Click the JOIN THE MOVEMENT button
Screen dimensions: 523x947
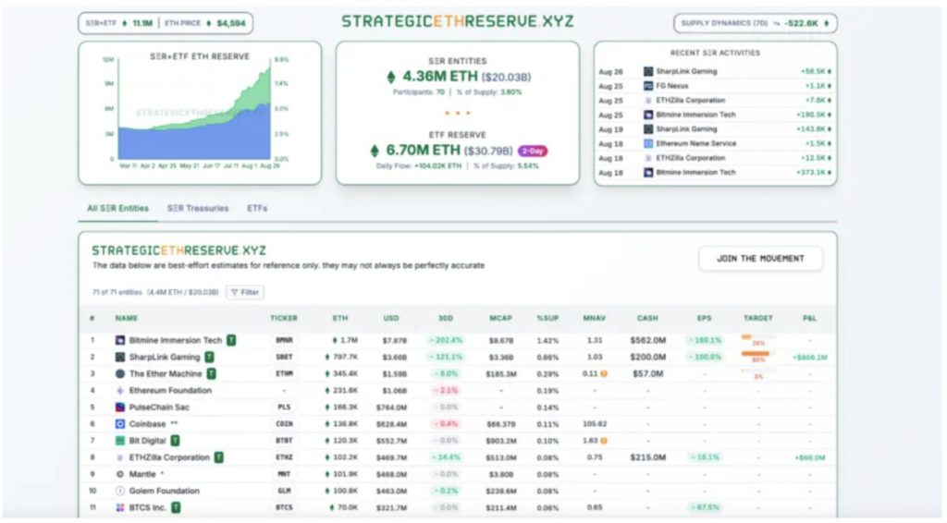tap(760, 259)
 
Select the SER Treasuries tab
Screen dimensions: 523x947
tap(198, 208)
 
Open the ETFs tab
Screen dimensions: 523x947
tap(257, 208)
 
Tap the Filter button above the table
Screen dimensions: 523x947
tap(245, 292)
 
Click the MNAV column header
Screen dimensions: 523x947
tap(594, 318)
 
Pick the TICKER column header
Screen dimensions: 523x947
tap(283, 318)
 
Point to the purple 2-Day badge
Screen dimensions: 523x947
tap(533, 151)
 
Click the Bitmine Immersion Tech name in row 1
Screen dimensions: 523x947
tap(176, 340)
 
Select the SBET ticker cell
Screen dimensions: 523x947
tap(283, 357)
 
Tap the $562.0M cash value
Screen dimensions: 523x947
tap(647, 340)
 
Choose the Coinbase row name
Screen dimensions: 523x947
tap(148, 424)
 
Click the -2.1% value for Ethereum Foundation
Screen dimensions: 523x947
tap(447, 390)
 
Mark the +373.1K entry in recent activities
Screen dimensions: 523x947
tap(815, 173)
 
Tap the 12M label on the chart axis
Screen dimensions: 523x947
tap(107, 59)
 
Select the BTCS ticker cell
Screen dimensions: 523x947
tap(283, 507)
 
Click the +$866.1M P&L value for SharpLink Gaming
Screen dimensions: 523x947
tap(809, 357)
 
